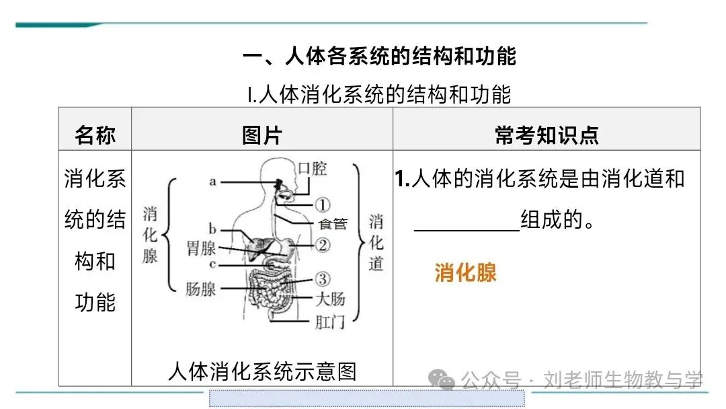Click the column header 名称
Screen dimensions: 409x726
(95, 136)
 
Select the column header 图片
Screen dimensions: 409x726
(261, 136)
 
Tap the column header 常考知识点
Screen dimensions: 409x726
(546, 136)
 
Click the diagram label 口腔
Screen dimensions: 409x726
(312, 168)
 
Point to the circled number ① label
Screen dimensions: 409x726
(323, 204)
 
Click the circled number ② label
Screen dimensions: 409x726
(323, 245)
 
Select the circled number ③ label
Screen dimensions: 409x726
(323, 278)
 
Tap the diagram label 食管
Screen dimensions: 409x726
(333, 224)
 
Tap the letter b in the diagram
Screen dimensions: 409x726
(212, 229)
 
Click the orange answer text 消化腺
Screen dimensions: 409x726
(465, 272)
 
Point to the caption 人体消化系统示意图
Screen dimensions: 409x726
(261, 371)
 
